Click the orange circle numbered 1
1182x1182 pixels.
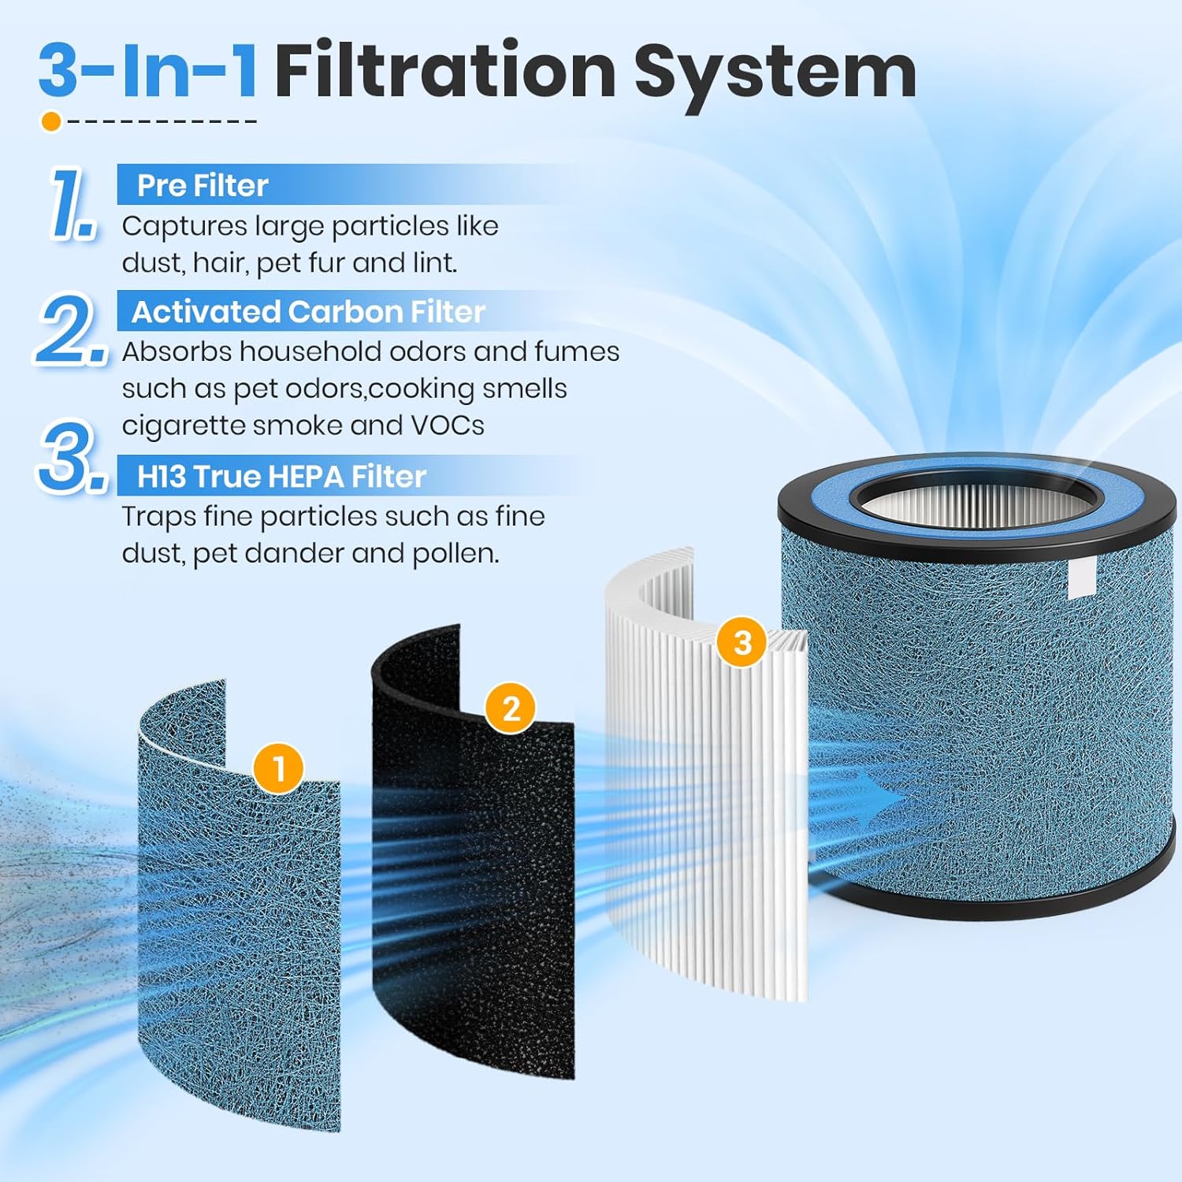(x=278, y=768)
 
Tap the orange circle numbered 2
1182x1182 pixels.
(x=511, y=708)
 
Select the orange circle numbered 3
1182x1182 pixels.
(x=742, y=642)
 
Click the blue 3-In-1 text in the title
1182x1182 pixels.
(x=147, y=71)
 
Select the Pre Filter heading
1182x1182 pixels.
(x=203, y=185)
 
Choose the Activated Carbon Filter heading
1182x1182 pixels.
(x=308, y=311)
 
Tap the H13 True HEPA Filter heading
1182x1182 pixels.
(x=281, y=476)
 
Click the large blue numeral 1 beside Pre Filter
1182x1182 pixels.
(x=72, y=203)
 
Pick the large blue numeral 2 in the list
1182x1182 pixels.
(x=71, y=329)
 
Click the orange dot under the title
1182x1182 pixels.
(x=51, y=121)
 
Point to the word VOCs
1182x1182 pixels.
(x=448, y=426)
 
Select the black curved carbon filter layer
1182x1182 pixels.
(x=473, y=867)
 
